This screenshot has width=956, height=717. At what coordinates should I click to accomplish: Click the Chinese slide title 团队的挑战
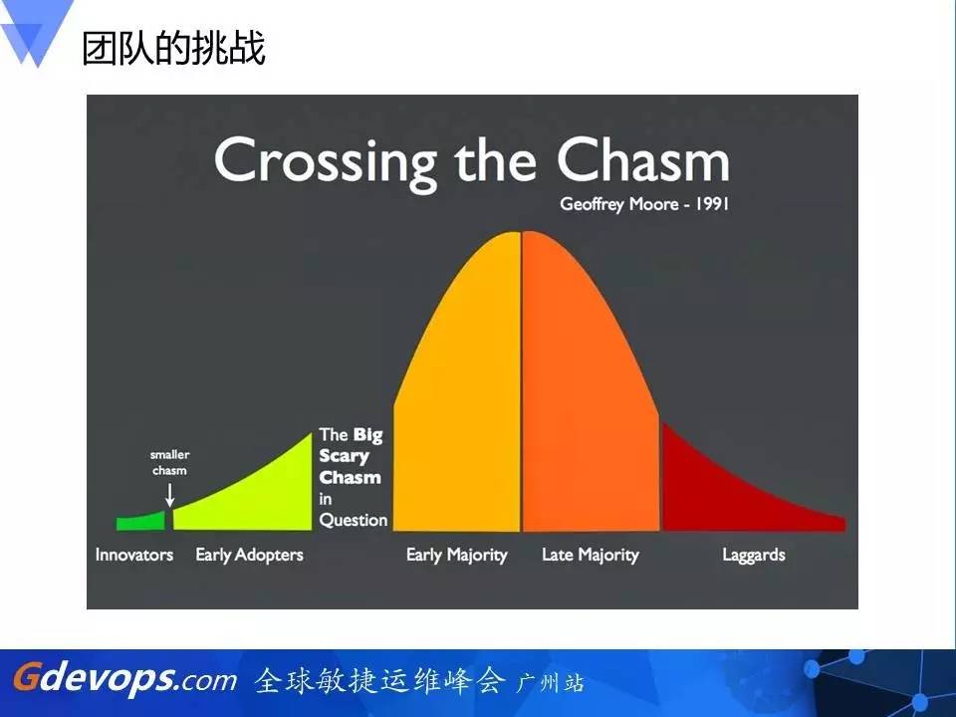tap(173, 48)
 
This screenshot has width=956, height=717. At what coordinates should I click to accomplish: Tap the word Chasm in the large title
tap(643, 159)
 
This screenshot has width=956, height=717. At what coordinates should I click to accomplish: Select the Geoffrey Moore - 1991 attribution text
tap(644, 203)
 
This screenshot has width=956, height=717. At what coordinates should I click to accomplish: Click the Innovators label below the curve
tap(134, 555)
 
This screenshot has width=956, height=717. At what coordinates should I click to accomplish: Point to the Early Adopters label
tap(249, 556)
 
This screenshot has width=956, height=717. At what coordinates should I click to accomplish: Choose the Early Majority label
tap(457, 556)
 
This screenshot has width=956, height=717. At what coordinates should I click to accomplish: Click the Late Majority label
tap(591, 556)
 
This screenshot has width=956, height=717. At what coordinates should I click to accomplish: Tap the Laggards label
tap(754, 556)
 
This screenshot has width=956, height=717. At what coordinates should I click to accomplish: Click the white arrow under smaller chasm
tap(170, 495)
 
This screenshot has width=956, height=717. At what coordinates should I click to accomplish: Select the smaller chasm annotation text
tap(169, 463)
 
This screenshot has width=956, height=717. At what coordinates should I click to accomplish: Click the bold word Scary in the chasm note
tap(344, 457)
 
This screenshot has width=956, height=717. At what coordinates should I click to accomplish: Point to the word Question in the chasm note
tap(354, 520)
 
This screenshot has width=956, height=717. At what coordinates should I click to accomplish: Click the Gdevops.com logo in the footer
tap(125, 678)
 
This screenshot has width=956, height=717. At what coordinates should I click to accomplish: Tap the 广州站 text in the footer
tap(551, 683)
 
